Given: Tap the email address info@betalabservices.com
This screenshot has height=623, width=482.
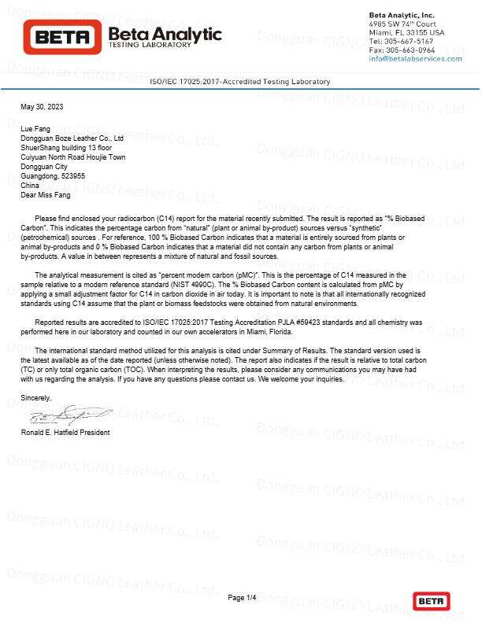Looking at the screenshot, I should tap(415, 59).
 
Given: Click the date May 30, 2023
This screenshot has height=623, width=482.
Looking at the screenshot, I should tap(42, 106).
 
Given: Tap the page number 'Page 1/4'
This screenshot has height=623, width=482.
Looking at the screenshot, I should tap(242, 599).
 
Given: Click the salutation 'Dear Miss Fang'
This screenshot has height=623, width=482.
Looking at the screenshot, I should tap(45, 195).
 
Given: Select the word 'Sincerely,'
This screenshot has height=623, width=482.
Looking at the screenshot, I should tap(36, 399).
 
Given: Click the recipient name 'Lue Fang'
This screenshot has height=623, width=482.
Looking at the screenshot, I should tap(35, 127).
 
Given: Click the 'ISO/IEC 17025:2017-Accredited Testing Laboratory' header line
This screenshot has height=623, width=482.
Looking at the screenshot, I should tap(240, 82).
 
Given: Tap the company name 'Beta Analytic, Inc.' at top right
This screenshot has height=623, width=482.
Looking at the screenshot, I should tap(401, 16).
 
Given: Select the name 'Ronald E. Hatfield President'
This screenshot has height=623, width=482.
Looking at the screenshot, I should tap(65, 433).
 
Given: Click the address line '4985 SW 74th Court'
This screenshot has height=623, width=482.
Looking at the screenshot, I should tap(407, 24).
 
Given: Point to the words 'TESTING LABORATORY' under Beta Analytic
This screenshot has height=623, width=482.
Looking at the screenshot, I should tap(149, 46).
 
